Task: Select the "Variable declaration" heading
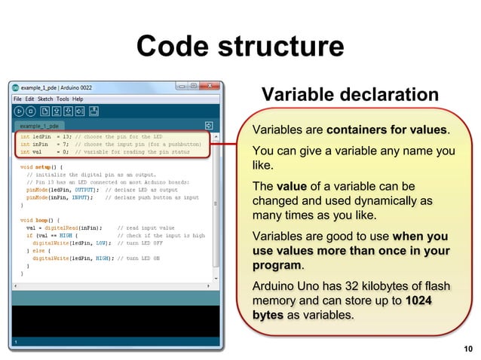point(349,95)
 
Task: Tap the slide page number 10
point(468,349)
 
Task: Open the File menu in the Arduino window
point(18,99)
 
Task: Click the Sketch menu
point(45,99)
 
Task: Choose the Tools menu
point(63,99)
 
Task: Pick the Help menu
point(78,99)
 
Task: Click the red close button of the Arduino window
point(210,87)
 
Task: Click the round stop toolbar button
point(31,111)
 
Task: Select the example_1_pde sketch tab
point(40,126)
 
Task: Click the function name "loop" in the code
point(41,220)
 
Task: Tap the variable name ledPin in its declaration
point(40,136)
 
